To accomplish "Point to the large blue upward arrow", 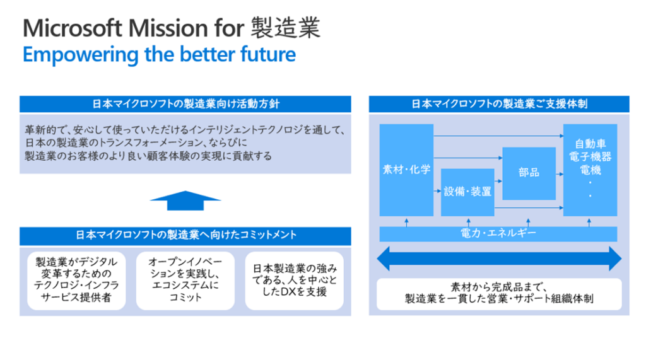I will pos(185,201).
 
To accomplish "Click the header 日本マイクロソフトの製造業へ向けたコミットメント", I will pos(185,236).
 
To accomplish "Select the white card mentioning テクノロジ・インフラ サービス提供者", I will pos(77,281).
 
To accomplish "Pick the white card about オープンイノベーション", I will pos(185,281).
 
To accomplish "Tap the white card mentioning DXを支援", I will pos(294,281).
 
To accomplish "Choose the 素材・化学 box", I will pos(406,170).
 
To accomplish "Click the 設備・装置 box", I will pos(467,192).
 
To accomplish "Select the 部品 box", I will pos(529,172).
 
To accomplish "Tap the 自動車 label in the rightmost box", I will pos(589,144).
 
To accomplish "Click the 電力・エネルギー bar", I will pos(498,234).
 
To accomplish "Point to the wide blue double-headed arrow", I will pos(498,259).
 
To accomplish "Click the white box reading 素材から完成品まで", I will pos(498,293).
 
